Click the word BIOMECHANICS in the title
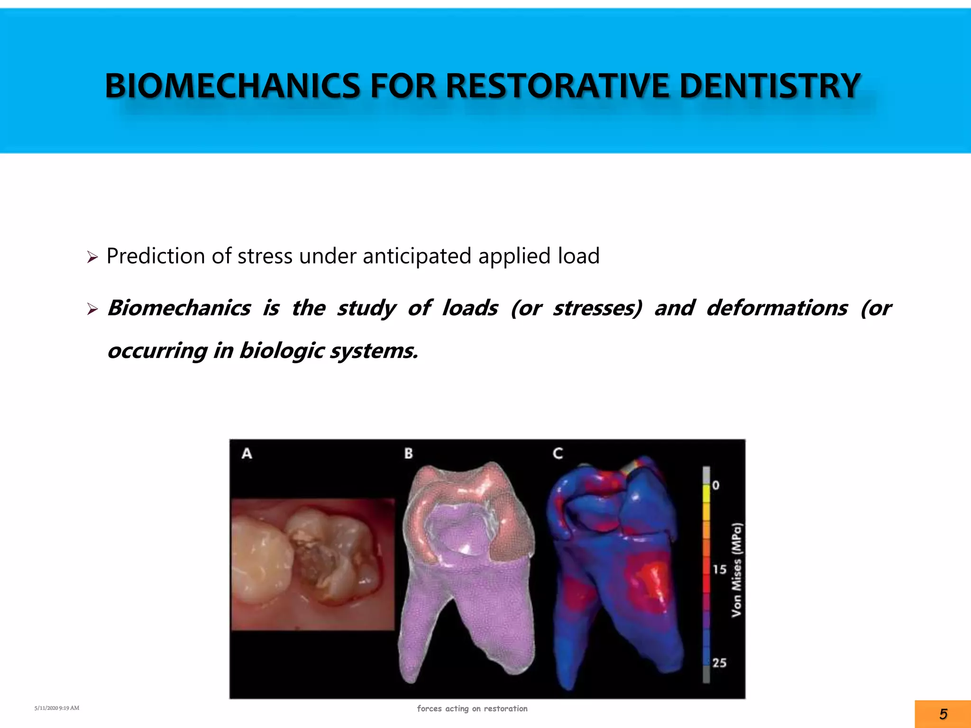tap(232, 86)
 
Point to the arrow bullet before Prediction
tap(92, 258)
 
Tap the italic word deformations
tap(777, 308)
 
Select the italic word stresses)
tap(597, 308)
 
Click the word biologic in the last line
tap(282, 351)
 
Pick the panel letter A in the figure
tap(247, 454)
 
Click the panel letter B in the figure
tap(408, 454)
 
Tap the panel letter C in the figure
tap(558, 454)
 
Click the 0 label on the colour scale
tap(715, 485)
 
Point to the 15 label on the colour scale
tap(719, 569)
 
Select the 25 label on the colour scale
tap(719, 663)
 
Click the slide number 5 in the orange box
tap(943, 714)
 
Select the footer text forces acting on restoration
tap(472, 709)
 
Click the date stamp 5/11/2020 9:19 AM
tap(57, 708)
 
